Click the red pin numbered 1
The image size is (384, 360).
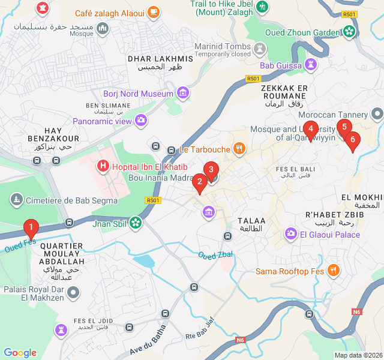tap(31, 228)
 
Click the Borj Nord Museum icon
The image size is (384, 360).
tap(183, 93)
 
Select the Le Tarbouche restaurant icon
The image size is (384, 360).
tap(239, 149)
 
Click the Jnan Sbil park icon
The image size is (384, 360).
tap(136, 224)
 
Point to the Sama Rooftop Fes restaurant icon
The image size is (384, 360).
tap(334, 271)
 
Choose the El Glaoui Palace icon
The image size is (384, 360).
tap(291, 234)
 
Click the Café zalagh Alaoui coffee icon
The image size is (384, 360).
tap(154, 12)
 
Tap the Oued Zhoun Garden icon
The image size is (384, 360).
tap(349, 33)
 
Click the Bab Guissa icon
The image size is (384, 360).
tap(311, 65)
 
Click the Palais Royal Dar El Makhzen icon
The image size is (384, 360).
tap(73, 293)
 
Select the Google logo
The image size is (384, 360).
tap(20, 353)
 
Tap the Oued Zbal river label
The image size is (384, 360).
tap(215, 255)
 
